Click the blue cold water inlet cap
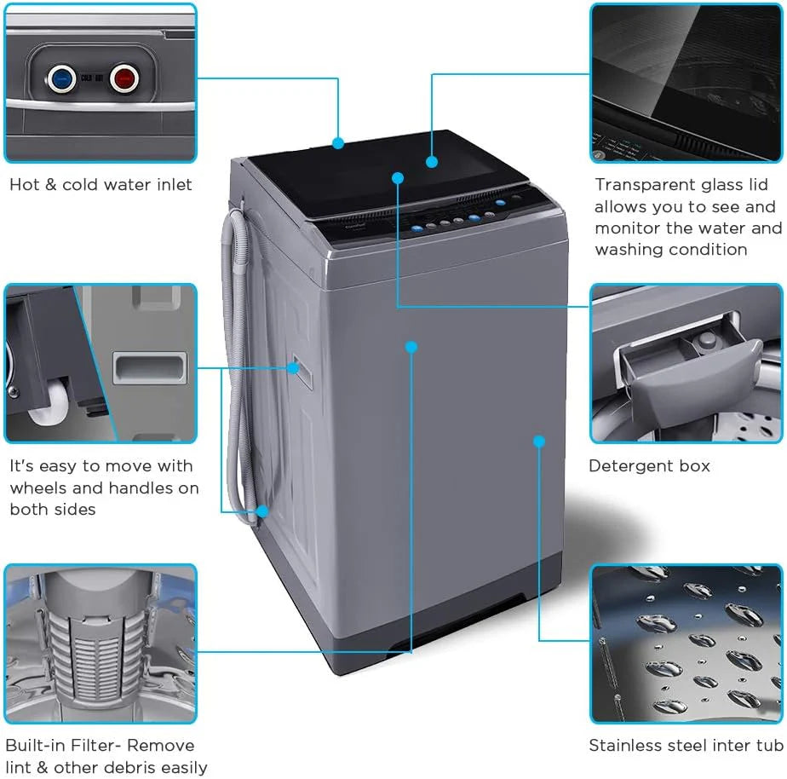pyautogui.click(x=60, y=79)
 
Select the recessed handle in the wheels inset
pyautogui.click(x=150, y=368)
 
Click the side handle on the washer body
pyautogui.click(x=293, y=367)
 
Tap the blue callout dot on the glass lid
pyautogui.click(x=432, y=161)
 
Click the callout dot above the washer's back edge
pyautogui.click(x=338, y=143)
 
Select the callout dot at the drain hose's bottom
pyautogui.click(x=262, y=511)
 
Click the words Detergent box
pyautogui.click(x=649, y=466)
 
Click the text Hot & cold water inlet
pyautogui.click(x=101, y=185)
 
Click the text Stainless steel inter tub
pyautogui.click(x=686, y=746)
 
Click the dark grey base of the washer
pyautogui.click(x=477, y=597)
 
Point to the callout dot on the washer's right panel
pyautogui.click(x=538, y=441)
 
